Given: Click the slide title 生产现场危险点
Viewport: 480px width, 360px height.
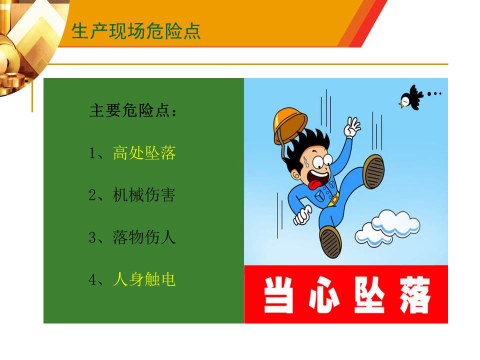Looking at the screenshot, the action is (136, 31).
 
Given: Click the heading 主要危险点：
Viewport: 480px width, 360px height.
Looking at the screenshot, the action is (133, 110).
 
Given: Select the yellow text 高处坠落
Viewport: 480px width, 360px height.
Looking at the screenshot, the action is (144, 152).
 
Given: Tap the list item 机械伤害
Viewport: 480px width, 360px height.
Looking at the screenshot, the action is (144, 194).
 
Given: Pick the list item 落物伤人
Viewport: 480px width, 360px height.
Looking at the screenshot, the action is (144, 237).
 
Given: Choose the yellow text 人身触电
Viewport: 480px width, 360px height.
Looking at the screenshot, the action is (144, 279).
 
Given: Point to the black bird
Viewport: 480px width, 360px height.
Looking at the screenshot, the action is (410, 97).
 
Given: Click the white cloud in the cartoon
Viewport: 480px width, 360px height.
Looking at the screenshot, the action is (387, 228).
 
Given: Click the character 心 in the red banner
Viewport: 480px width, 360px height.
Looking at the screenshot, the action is (324, 295).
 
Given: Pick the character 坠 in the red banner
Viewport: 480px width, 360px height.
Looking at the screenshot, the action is (369, 295).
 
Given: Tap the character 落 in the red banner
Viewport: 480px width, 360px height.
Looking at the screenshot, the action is (415, 295).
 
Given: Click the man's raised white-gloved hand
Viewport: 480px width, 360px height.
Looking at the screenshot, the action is (352, 127).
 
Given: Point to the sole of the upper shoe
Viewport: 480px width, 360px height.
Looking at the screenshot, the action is (374, 171).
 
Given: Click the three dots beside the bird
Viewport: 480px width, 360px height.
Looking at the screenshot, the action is (434, 94).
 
